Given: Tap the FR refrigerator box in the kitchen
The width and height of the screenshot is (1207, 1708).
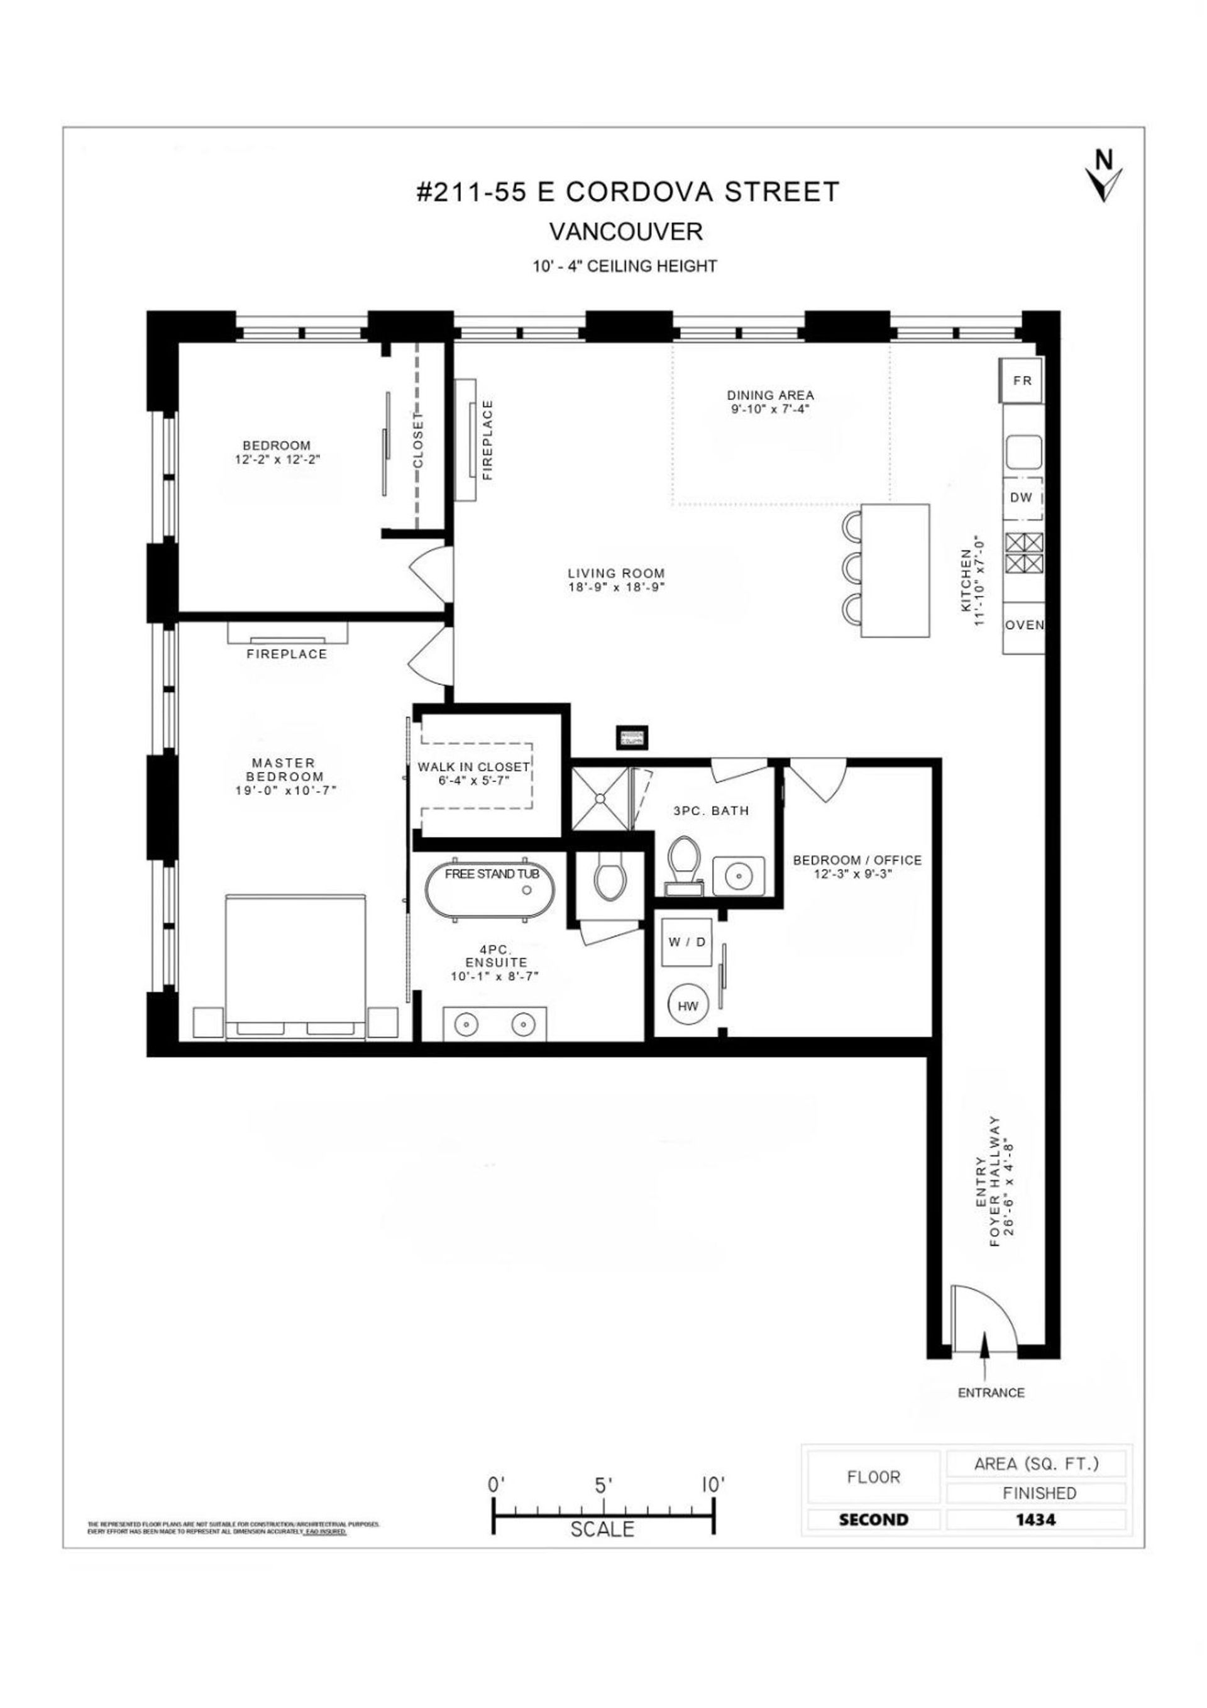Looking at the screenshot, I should coord(1022,380).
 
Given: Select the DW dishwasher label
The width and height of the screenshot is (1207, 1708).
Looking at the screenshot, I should coord(1022,498).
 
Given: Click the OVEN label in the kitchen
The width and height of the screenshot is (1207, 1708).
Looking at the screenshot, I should coord(1025,625).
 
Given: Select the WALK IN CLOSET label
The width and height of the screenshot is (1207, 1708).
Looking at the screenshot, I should coord(473,767).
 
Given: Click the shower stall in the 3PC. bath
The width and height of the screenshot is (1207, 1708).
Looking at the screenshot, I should coord(600,798).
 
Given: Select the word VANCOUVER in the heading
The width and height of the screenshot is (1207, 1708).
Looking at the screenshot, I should coord(625,231).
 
